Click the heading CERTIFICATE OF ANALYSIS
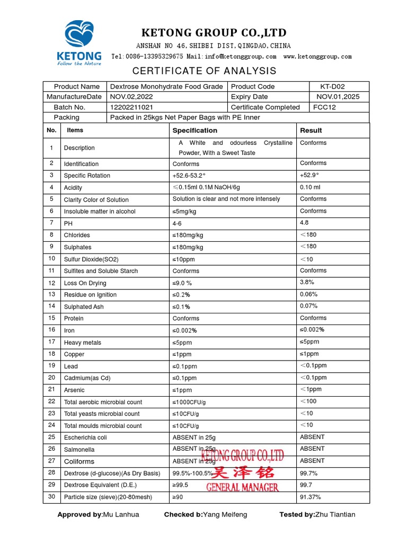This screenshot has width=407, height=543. coord(204,71)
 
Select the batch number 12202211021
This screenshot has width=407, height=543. coord(131,107)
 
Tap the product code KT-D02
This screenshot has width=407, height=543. coord(332,86)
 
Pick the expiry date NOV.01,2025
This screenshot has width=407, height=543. coord(338,97)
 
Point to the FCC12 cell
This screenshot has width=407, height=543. coord(324,107)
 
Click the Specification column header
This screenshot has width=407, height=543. coord(194,130)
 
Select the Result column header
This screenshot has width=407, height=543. coord(311,130)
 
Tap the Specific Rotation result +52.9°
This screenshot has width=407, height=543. coord(310,175)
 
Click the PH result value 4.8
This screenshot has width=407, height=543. coord(304,223)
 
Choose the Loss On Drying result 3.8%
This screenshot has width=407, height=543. coord(307,283)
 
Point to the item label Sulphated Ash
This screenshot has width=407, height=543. coord(84,307)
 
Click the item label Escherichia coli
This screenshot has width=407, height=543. coord(85,437)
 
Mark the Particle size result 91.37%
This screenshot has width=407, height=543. coord(311,497)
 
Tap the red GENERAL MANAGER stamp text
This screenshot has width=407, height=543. coord(242,487)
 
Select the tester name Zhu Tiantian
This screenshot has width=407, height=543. coord(335,514)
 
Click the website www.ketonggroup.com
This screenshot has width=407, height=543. coord(317,56)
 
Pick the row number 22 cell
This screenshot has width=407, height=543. coord(51,401)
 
